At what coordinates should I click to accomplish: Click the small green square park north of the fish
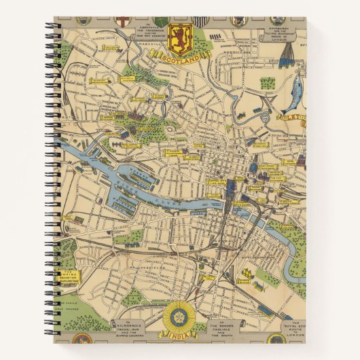point(269,83)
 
